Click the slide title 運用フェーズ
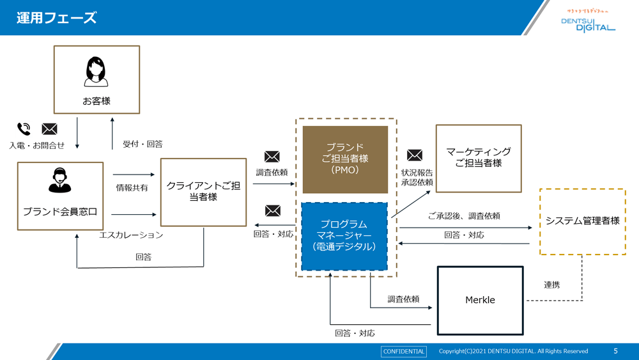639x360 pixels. point(57,18)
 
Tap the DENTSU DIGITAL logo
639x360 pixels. point(588,24)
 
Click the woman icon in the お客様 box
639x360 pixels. point(96,72)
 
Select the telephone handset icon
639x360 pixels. point(24,129)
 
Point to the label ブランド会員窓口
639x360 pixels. point(60,212)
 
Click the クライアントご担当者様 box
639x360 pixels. point(203,192)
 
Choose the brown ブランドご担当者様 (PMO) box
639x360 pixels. point(345,159)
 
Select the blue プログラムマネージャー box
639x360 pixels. point(344,236)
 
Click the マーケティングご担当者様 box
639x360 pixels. point(479,158)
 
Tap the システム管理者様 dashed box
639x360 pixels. point(582,221)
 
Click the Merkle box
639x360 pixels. point(480,300)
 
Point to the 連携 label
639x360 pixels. point(552,285)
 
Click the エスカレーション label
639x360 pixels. point(131,235)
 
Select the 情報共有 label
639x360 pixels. point(132,188)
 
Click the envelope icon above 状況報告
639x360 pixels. point(415,155)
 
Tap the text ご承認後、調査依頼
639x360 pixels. point(464,216)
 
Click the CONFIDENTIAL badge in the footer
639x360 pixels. point(404,351)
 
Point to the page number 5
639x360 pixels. point(616,351)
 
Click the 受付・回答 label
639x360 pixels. point(142,145)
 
